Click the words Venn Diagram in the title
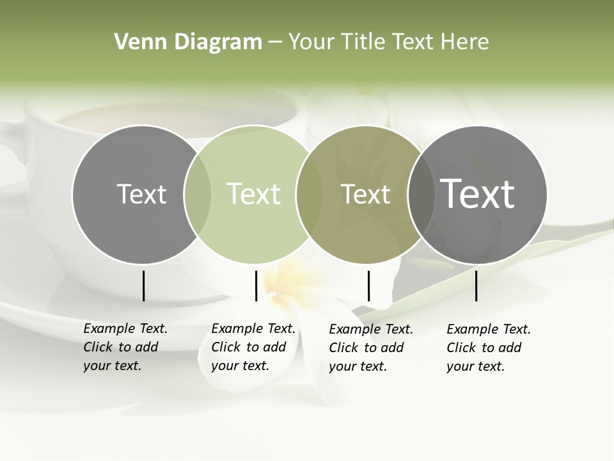point(188,42)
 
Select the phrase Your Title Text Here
point(388,42)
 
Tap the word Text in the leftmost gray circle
point(141,194)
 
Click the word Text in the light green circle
point(253,194)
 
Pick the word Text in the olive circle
point(365,194)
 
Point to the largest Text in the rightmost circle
point(478,193)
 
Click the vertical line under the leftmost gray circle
point(143,286)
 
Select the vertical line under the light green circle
point(256,286)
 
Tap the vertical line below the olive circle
point(368,286)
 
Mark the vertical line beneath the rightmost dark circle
point(476,286)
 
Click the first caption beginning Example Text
point(125,347)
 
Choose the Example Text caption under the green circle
point(253,347)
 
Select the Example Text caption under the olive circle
point(371,348)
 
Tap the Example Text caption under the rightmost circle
point(489,348)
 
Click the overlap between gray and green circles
point(198,194)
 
